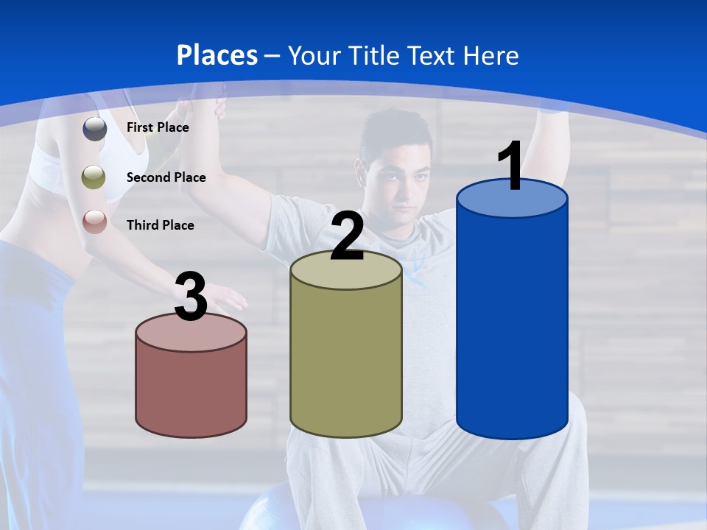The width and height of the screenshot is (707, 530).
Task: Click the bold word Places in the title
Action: tap(217, 55)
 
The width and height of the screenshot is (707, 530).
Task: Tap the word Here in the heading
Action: tap(491, 55)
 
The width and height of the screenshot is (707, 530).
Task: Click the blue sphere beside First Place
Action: tap(95, 128)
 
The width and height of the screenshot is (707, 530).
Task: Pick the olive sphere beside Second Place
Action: tap(94, 177)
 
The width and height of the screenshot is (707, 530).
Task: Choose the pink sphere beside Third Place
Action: tap(94, 221)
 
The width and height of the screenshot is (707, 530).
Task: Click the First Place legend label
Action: tap(158, 127)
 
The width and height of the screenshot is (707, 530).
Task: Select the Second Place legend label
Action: tap(166, 177)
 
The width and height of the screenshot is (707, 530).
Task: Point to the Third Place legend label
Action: tap(160, 225)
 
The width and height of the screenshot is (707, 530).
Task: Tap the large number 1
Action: tap(511, 166)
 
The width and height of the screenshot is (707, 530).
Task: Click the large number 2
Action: tap(347, 236)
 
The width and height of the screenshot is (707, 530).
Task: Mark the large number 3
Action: tap(191, 297)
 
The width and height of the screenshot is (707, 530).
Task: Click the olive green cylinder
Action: tap(346, 361)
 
